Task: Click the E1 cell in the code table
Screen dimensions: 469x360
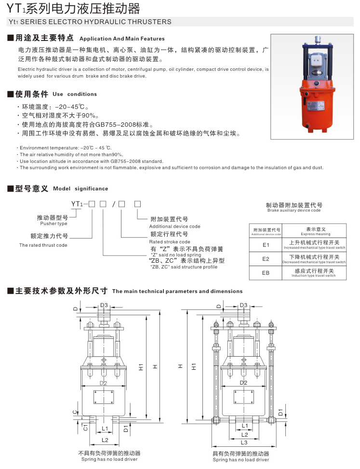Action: tap(265, 245)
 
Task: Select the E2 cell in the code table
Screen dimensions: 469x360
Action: tap(265, 259)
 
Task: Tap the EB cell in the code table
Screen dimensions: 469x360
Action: tap(265, 273)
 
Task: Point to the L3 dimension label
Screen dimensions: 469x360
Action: tap(244, 442)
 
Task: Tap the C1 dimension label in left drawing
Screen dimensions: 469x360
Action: tap(85, 427)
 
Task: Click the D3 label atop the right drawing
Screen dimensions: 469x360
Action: tap(243, 305)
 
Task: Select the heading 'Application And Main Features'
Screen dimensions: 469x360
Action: tap(121, 39)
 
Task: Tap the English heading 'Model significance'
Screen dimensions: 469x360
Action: tap(80, 188)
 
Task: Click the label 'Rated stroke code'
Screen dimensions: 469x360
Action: tap(170, 241)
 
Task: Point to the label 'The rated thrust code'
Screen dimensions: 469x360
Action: tap(43, 245)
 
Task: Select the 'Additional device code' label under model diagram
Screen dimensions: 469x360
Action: tap(174, 226)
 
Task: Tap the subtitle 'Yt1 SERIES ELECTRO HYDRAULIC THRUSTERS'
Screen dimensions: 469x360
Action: tap(90, 22)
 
